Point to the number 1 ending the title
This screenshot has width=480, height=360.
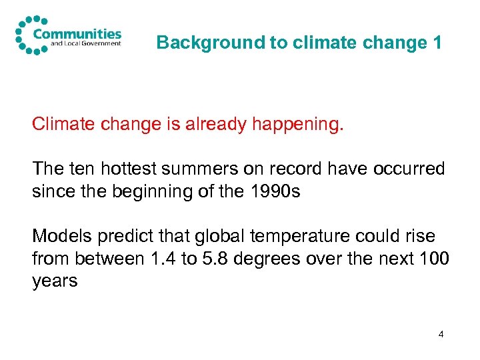(x=437, y=43)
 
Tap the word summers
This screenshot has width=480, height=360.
(x=205, y=169)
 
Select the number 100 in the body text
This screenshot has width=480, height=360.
(x=435, y=259)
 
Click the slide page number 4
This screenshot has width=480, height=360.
(x=441, y=333)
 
